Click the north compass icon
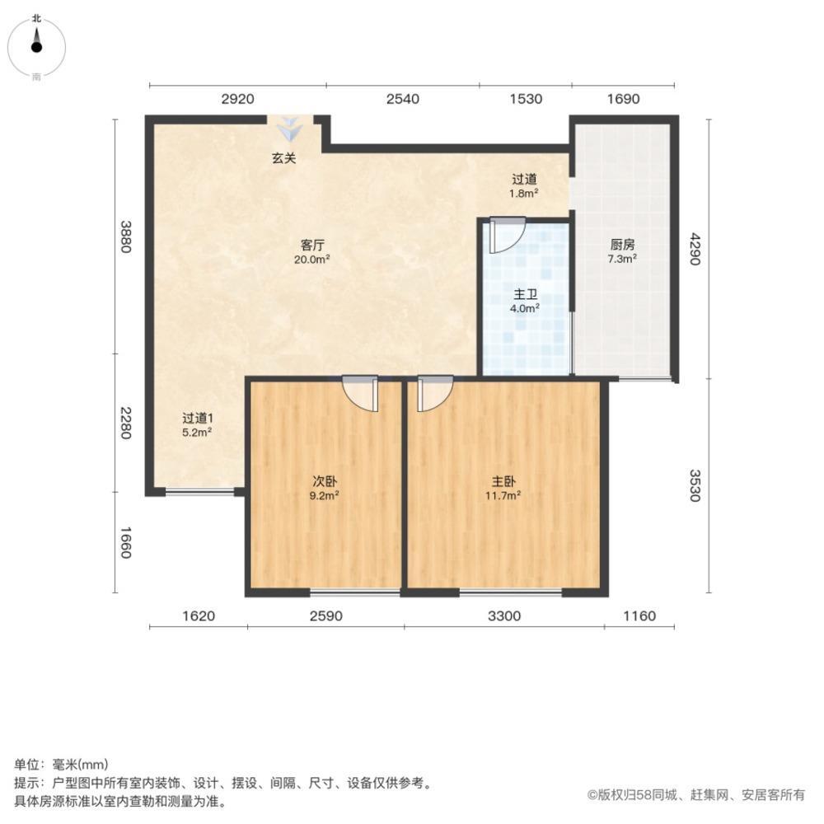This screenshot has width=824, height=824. coord(36,47)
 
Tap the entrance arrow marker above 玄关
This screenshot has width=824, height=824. coord(289,129)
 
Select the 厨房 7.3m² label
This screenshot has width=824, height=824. coord(622,251)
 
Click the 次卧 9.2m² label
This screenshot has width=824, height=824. coord(324,488)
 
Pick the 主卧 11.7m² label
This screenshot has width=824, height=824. coord(503,488)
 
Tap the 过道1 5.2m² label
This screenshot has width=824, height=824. coord(197,425)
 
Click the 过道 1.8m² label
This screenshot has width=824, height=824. coord(524,186)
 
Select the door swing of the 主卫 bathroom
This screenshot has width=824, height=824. coord(507,236)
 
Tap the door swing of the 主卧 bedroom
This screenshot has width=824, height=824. coord(435,394)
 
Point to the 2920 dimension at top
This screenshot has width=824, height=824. coord(237,99)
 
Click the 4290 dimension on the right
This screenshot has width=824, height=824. coord(695,249)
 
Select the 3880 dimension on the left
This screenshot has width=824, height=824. coord(125,236)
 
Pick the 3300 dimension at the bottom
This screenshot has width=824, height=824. coord(504,616)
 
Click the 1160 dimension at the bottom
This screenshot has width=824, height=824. coord(639,616)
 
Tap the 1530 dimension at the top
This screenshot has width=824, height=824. coord(526,99)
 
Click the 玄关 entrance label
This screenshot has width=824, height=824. coord(283,157)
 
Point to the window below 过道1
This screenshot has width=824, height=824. coord(199,492)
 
